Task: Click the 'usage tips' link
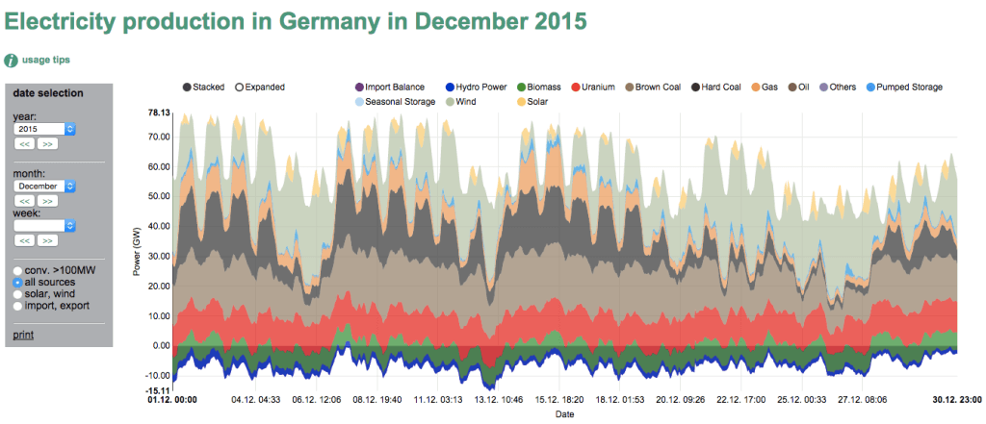tap(46, 60)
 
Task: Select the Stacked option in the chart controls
tap(202, 87)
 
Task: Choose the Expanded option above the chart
tap(259, 87)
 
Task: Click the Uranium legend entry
tap(592, 87)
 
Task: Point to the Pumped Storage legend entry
tap(903, 87)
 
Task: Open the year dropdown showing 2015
tap(44, 129)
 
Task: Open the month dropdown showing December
tap(44, 186)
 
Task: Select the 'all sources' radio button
tap(18, 284)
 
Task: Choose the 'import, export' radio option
tap(18, 306)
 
